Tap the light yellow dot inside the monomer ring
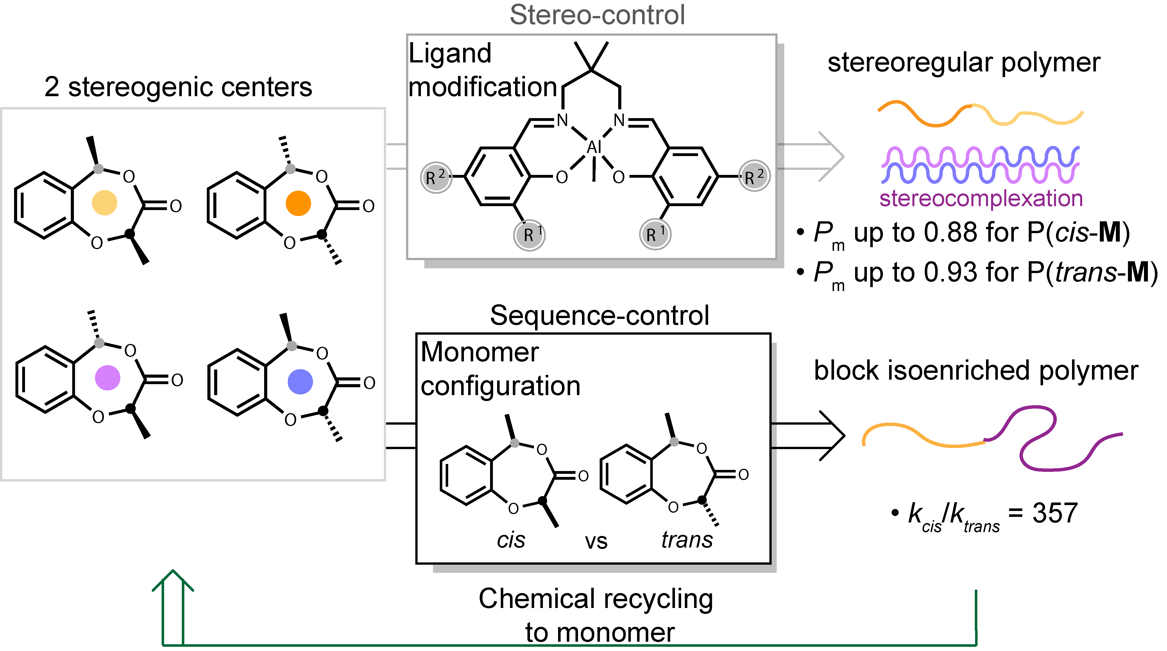[x=105, y=203]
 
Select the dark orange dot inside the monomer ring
[x=298, y=203]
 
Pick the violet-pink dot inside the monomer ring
[x=107, y=378]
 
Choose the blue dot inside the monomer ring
[x=300, y=381]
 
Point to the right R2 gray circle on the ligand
[x=754, y=176]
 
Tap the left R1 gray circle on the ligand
[x=529, y=234]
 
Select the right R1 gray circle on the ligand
[x=655, y=234]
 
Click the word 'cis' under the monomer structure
[x=511, y=540]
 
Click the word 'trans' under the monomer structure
[x=687, y=540]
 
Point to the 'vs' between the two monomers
[x=596, y=542]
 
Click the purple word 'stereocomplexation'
[x=981, y=199]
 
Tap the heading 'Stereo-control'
[x=597, y=15]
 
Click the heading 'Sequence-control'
[x=599, y=316]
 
